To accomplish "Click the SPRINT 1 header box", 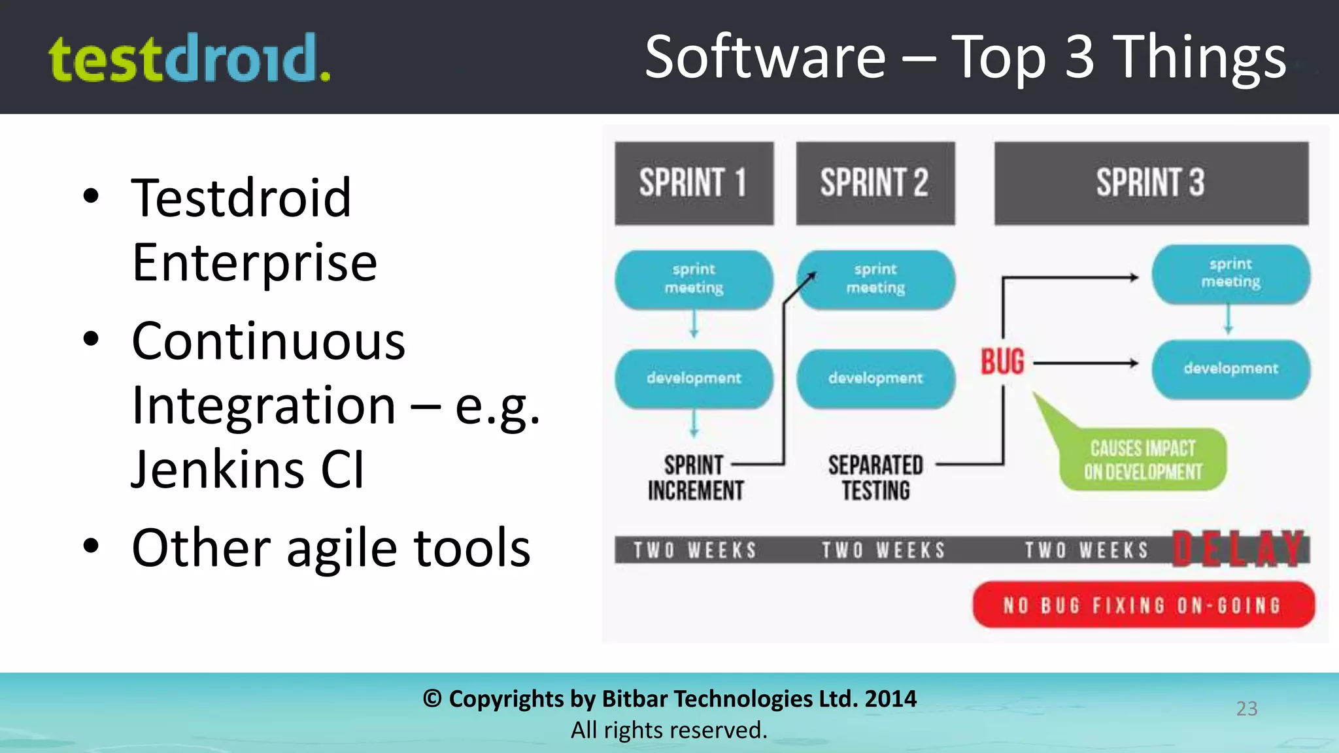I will point(694,183).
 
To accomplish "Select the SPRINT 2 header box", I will point(875,183).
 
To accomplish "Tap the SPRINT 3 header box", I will point(1151,183).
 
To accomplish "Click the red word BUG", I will point(1002,362).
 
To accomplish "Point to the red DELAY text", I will point(1238,549).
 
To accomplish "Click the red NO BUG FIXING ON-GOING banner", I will point(1143,605).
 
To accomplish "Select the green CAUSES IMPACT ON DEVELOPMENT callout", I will point(1142,460).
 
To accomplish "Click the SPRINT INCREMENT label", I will point(695,478).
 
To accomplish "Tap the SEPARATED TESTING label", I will point(875,478).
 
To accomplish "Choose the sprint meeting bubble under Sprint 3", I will point(1230,273).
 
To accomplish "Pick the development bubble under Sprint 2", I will point(875,378).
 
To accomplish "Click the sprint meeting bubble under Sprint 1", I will point(694,279).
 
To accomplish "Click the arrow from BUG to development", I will point(1085,363).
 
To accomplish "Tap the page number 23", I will point(1247,709).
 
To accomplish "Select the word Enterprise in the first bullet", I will point(254,262).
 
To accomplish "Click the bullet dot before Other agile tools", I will point(91,546).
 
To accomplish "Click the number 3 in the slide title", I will point(1079,58).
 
